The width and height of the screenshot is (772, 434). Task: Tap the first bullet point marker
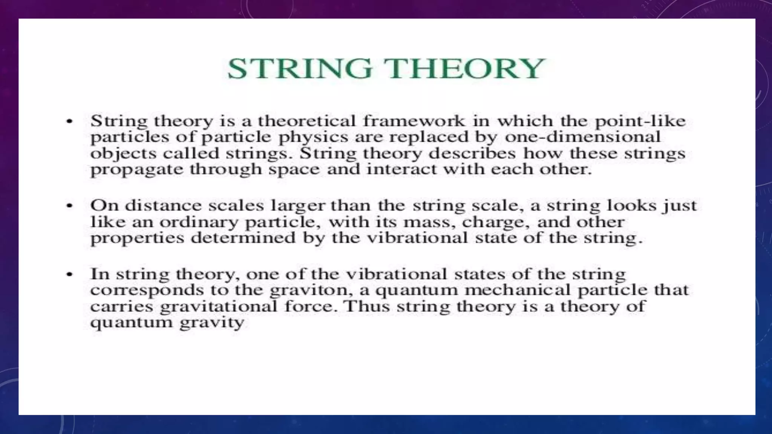click(69, 121)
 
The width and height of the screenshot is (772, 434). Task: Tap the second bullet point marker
click(69, 206)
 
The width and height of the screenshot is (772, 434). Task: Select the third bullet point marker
click(69, 274)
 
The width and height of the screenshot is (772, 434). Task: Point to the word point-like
click(640, 121)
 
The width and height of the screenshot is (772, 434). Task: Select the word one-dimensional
click(582, 136)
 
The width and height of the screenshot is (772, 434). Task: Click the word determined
click(243, 238)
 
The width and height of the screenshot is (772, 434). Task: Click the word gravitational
click(219, 307)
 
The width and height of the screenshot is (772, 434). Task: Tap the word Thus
click(367, 306)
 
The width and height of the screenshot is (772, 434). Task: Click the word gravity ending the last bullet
click(211, 323)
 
